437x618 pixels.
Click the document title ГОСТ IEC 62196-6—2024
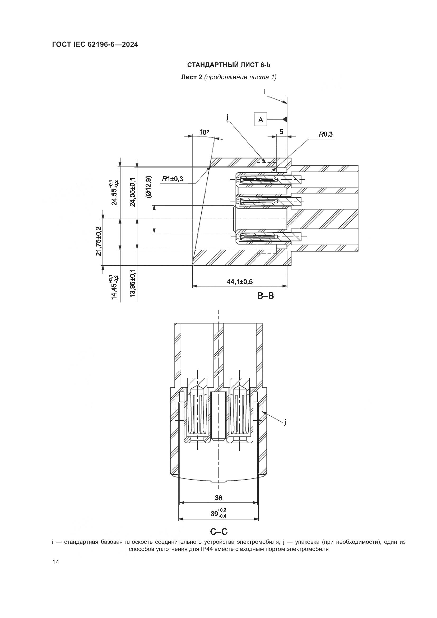(x=95, y=45)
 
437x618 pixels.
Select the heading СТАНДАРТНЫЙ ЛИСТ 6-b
(x=229, y=65)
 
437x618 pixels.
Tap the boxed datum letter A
(x=261, y=119)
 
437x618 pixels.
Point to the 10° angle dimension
(x=204, y=132)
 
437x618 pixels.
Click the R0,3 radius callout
(x=326, y=134)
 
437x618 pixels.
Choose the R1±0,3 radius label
(x=172, y=179)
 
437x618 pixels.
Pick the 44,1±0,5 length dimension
(x=239, y=282)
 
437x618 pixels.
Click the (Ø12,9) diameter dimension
(x=148, y=187)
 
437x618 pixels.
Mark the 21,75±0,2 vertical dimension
(x=99, y=241)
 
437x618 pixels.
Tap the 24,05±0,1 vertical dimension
(x=133, y=192)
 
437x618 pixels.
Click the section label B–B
(x=265, y=296)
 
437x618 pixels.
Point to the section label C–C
(x=218, y=532)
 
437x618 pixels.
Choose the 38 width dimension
(x=218, y=498)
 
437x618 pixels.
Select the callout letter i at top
(x=265, y=92)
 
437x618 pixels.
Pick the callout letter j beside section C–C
(x=285, y=423)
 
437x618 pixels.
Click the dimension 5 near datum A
(x=281, y=132)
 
